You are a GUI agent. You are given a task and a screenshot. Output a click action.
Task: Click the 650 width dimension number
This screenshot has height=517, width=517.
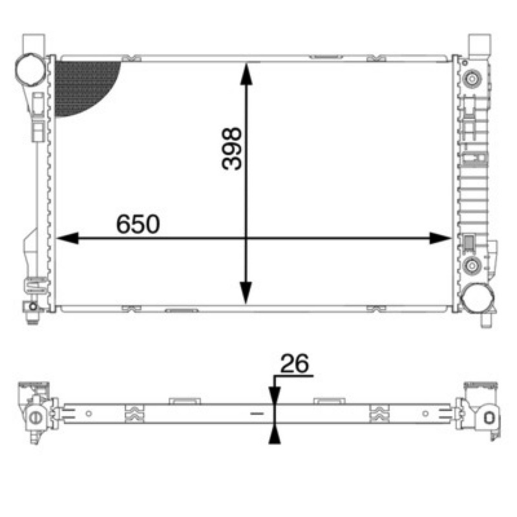pyautogui.click(x=138, y=224)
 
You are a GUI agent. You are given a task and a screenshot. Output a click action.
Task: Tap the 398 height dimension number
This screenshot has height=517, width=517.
pyautogui.click(x=232, y=149)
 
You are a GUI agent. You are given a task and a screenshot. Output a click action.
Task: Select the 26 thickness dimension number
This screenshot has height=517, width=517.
pyautogui.click(x=295, y=363)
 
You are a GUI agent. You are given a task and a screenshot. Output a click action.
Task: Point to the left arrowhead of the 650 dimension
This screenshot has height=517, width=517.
pyautogui.click(x=68, y=238)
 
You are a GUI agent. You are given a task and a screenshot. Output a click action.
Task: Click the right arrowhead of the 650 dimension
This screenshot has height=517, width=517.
pyautogui.click(x=440, y=238)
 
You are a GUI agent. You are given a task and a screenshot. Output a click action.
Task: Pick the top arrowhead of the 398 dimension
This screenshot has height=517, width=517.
pyautogui.click(x=246, y=74)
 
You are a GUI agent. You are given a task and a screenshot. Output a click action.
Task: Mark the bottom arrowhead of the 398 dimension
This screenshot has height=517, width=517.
pyautogui.click(x=246, y=293)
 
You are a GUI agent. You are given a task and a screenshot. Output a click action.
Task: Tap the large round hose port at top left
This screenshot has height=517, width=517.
pyautogui.click(x=30, y=70)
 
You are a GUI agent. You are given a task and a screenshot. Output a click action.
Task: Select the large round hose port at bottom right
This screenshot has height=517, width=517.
pyautogui.click(x=478, y=298)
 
